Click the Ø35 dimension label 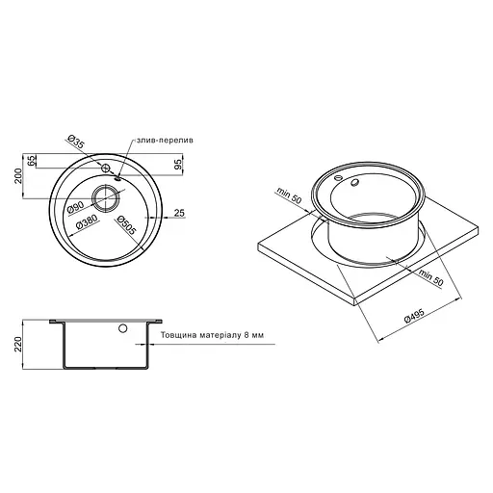coord(75,144)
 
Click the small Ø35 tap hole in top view coord(104,169)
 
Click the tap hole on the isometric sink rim coord(336,177)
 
